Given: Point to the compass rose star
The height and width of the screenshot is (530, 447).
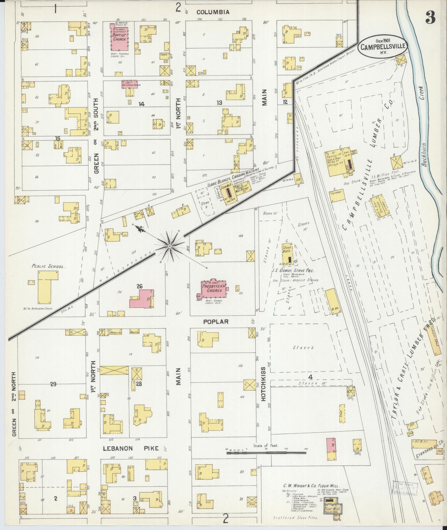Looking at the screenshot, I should pos(170,246).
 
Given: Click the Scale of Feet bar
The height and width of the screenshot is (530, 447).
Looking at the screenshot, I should pos(266,453).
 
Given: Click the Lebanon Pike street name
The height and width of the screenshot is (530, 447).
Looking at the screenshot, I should pos(131,448).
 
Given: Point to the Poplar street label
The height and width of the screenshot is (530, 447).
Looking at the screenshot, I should pos(216,322).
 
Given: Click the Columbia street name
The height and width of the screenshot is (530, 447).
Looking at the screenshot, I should pos(213,12).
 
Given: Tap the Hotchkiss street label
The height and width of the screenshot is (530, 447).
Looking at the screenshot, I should pos(264,383).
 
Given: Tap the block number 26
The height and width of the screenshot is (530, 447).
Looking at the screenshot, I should pos(140,286).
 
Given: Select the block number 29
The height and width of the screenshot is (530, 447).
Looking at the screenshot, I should pos(53,384).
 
